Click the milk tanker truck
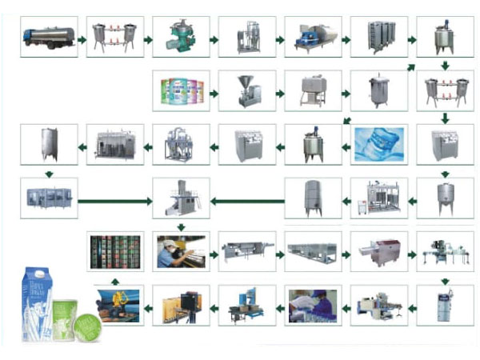pos(48,36)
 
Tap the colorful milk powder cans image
pos(182,90)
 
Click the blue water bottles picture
pos(379,143)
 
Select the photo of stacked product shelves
pos(115,250)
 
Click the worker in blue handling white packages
pos(312,305)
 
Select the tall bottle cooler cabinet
pos(444,304)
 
